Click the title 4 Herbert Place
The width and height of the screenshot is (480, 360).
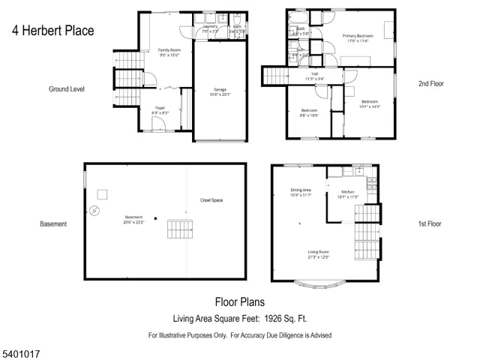[x=52, y=31]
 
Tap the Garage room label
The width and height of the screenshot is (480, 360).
[x=220, y=89]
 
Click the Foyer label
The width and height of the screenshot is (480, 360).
[x=160, y=108]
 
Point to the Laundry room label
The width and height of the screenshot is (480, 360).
[x=210, y=26]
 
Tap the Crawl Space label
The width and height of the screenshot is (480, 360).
[x=211, y=200]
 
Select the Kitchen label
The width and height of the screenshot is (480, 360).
[x=348, y=193]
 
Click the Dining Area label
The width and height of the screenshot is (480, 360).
[x=301, y=190]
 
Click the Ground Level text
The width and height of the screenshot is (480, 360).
[x=67, y=88]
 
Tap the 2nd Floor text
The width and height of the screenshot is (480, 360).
[x=430, y=84]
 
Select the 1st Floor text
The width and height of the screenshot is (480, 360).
[x=430, y=223]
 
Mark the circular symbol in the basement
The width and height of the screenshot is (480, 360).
[x=94, y=211]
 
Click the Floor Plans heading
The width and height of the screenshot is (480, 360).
[x=240, y=303]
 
